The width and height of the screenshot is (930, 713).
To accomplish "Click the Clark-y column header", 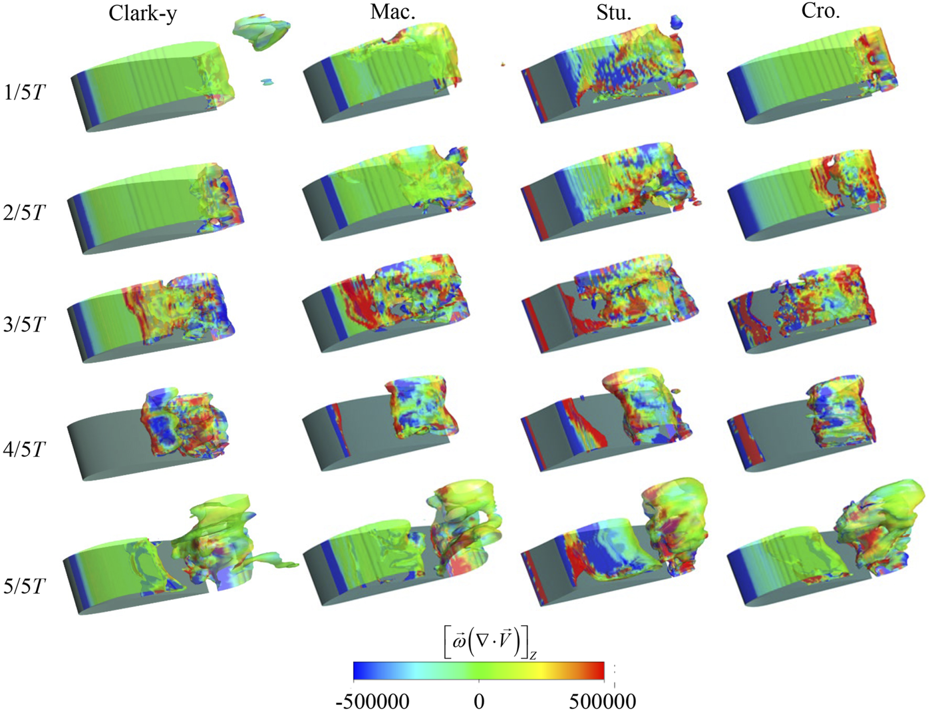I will pyautogui.click(x=142, y=13).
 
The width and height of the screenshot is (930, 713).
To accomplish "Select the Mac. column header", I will pyautogui.click(x=392, y=12).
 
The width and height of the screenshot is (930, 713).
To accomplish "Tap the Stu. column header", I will pyautogui.click(x=613, y=13).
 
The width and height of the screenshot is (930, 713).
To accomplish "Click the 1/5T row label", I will pyautogui.click(x=25, y=92).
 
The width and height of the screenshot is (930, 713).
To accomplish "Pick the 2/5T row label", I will pyautogui.click(x=25, y=213).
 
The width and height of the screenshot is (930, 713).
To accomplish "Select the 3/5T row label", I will pyautogui.click(x=25, y=325).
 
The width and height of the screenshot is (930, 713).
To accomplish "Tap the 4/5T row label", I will pyautogui.click(x=25, y=449).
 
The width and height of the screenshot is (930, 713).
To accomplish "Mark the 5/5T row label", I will pyautogui.click(x=25, y=587).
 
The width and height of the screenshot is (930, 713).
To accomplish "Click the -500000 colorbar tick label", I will pyautogui.click(x=372, y=701).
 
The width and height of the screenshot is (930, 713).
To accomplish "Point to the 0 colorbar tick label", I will pyautogui.click(x=478, y=701).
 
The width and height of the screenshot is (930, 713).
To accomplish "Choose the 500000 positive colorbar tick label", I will pyautogui.click(x=602, y=701).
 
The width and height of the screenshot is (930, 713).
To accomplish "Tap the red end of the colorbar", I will pyautogui.click(x=598, y=670).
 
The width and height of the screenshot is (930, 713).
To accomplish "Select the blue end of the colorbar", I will pyautogui.click(x=360, y=670).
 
